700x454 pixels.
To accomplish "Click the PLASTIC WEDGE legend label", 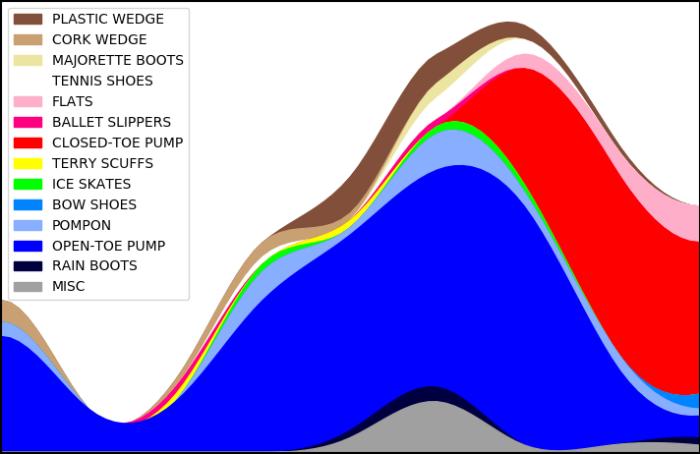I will [x=108, y=20].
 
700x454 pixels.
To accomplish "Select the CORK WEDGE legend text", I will [x=99, y=40].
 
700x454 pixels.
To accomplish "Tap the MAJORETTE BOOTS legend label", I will [x=118, y=61].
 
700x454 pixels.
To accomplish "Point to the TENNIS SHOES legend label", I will [x=102, y=82].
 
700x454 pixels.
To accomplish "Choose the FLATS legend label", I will [x=73, y=102].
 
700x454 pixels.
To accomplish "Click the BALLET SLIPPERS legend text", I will [x=111, y=123].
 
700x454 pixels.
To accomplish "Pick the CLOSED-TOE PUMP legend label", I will [x=117, y=143].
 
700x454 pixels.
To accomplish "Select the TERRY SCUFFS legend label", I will [x=102, y=164].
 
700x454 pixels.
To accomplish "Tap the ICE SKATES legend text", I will [x=91, y=185].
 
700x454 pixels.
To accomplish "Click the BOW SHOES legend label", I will [x=94, y=205].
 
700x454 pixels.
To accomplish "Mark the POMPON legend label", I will [x=82, y=226].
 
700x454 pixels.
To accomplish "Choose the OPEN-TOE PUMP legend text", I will [x=108, y=247].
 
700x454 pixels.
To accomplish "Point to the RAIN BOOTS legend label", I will [x=94, y=266].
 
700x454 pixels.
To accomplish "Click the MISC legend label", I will [x=69, y=287].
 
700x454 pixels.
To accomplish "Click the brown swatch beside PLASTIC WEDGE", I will [x=28, y=20].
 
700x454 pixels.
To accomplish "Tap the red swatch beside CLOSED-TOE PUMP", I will [x=28, y=143].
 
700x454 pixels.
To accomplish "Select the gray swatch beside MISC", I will [x=28, y=287].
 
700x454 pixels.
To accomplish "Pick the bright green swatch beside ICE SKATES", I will [x=28, y=185].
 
